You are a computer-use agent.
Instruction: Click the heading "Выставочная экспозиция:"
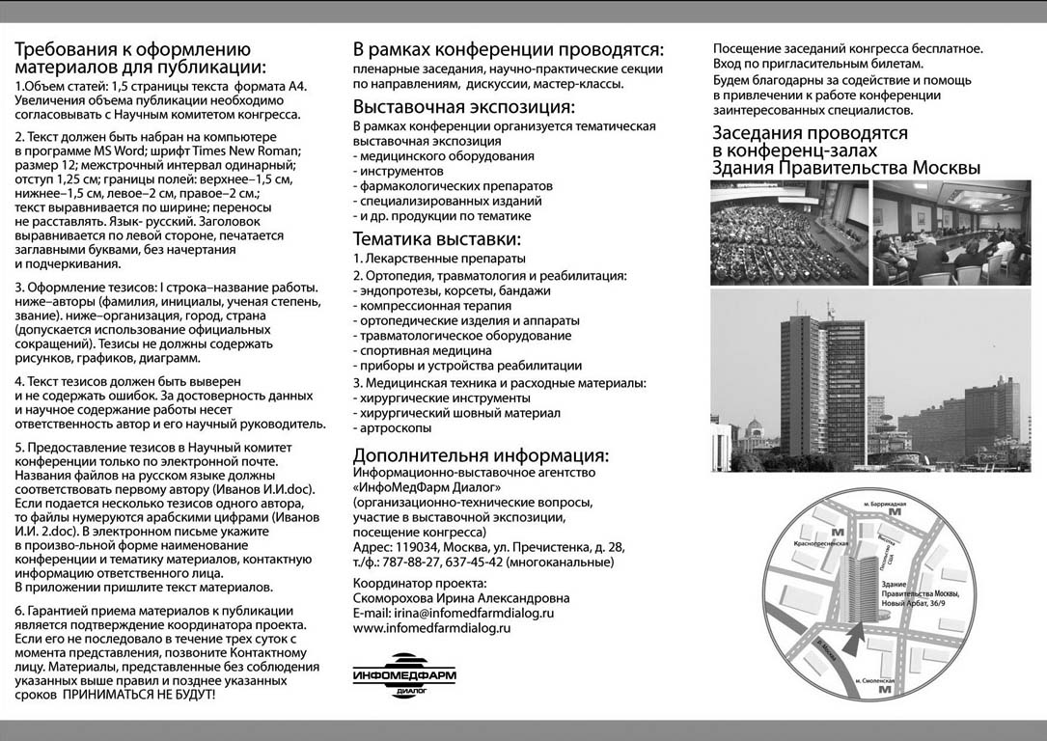point(463,107)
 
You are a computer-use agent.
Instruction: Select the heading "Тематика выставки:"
point(437,238)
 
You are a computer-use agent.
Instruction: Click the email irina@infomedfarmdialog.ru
point(454,613)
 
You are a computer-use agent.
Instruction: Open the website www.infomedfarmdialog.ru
point(431,628)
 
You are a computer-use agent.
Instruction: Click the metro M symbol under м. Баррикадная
point(895,512)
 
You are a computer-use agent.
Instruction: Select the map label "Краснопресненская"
point(819,544)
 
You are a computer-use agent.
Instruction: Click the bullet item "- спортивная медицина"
point(423,351)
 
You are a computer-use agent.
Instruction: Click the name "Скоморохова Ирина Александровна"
point(461,598)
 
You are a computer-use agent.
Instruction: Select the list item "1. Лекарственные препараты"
point(439,259)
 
